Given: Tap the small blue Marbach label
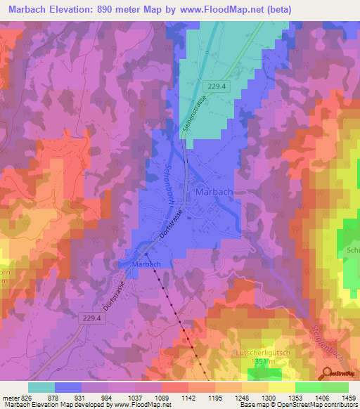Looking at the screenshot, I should (146, 264).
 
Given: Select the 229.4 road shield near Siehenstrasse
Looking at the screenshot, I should (217, 86).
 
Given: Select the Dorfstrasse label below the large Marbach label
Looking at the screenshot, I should (171, 226).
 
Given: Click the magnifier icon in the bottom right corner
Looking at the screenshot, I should (328, 372).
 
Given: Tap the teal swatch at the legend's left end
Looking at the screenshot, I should (41, 387).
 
